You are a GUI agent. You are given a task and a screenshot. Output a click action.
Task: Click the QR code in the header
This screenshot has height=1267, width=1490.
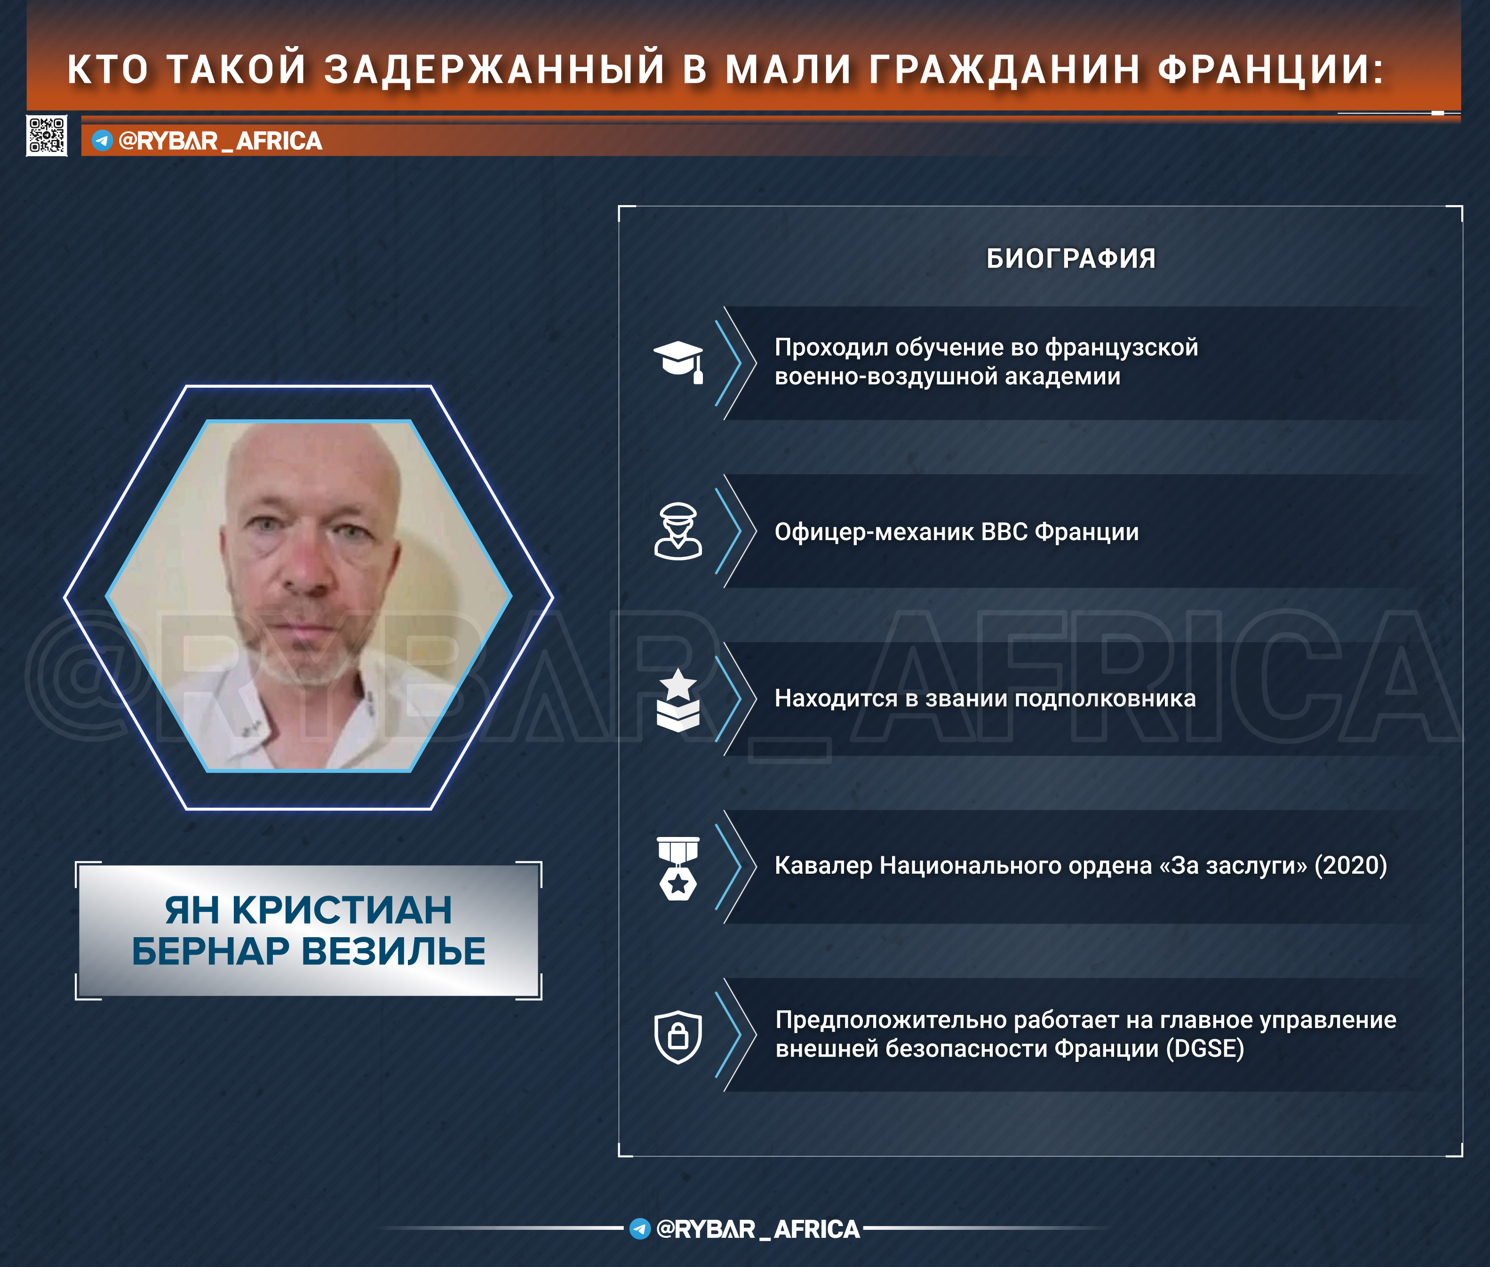click(47, 135)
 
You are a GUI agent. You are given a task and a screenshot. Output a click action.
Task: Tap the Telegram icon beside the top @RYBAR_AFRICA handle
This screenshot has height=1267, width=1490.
click(102, 140)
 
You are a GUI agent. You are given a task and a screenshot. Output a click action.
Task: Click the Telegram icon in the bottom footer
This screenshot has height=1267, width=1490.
click(639, 1229)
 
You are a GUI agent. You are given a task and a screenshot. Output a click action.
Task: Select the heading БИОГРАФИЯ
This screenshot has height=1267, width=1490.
click(1071, 259)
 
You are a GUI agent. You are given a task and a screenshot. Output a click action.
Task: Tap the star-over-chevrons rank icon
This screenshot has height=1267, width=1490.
click(678, 700)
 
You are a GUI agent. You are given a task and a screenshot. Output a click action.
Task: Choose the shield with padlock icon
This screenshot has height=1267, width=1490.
click(678, 1037)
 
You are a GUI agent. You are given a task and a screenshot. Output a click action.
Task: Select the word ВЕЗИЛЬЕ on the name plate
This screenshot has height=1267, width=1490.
click(393, 951)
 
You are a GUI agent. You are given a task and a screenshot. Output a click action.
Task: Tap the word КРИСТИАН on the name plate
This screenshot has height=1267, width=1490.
click(342, 910)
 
